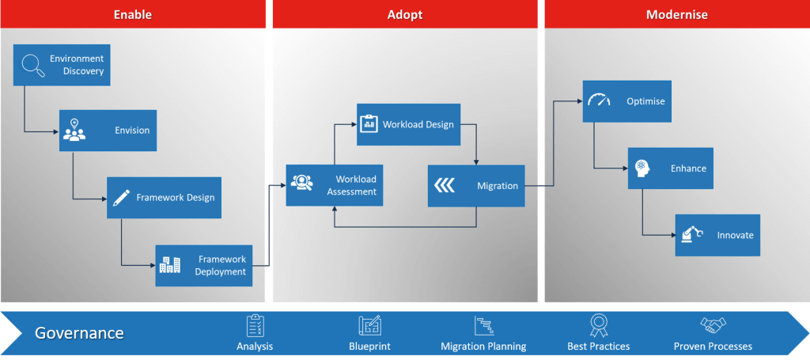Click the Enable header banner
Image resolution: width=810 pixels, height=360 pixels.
133,14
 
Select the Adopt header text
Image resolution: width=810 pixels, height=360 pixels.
405,14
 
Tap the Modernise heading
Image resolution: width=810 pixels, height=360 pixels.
677,14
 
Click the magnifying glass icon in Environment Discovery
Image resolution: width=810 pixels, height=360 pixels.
33,65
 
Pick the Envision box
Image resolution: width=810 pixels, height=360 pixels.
108,131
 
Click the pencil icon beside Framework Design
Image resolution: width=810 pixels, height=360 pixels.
121,197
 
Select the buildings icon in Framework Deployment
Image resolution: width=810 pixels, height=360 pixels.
170,265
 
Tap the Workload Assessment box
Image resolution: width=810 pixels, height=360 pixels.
335,185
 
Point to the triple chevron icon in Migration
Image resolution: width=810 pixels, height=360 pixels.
445,186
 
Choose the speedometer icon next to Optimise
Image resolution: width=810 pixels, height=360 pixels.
600,100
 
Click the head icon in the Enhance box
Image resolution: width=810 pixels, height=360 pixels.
642,168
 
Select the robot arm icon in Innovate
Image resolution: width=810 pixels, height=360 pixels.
691,234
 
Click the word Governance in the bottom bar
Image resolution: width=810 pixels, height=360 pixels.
79,332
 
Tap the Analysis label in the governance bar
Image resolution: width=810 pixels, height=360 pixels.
255,346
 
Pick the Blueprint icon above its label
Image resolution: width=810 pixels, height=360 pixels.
370,326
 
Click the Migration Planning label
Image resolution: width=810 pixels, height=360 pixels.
483,346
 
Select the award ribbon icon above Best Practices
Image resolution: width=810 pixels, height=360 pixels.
598,326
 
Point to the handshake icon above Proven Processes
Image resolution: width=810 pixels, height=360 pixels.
713,325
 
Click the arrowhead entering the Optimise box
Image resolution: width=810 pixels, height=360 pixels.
580,101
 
